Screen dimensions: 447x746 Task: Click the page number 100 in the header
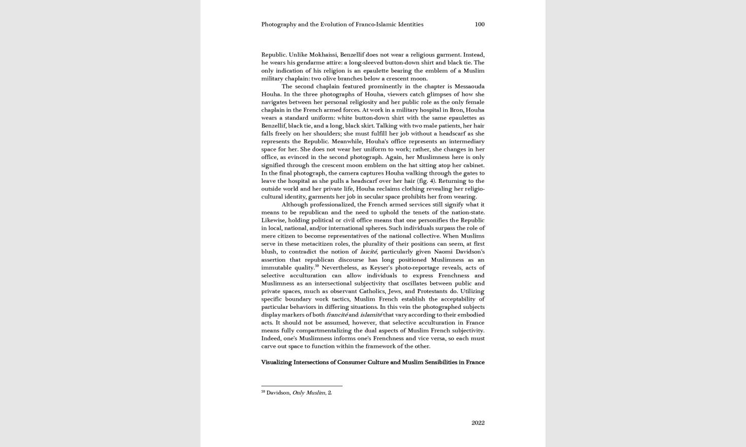click(479, 24)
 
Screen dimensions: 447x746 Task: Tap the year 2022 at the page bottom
click(478, 423)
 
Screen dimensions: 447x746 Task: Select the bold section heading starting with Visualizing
click(372, 362)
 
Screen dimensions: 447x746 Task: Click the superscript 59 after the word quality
click(317, 266)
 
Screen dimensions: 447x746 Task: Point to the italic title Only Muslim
click(309, 393)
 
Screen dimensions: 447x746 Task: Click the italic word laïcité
click(368, 251)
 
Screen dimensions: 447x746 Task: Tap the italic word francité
click(336, 315)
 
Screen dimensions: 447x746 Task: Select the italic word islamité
click(371, 315)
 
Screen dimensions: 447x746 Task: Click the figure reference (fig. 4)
click(426, 181)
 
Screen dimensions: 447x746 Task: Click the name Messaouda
click(469, 86)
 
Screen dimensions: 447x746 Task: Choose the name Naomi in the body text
click(443, 251)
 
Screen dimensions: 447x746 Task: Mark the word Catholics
click(371, 291)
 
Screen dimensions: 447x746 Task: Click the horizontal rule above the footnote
click(301, 386)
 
